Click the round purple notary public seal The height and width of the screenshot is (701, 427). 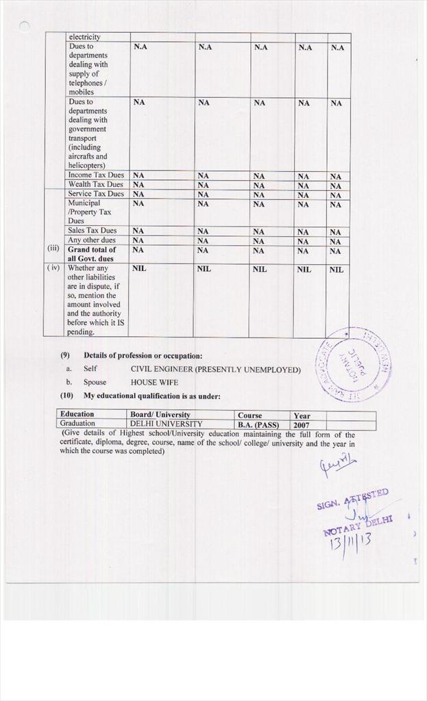coord(352,364)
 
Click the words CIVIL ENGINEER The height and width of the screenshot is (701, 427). coord(162,370)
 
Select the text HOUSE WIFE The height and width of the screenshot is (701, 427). coord(154,382)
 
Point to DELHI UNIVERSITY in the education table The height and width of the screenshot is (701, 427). coord(167,424)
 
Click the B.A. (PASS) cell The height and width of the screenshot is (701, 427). coord(258,424)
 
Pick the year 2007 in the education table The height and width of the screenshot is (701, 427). coord(302,424)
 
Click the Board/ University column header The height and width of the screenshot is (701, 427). coord(160,415)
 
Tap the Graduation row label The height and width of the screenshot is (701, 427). coord(77,424)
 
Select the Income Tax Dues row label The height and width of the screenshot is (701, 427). coord(96,175)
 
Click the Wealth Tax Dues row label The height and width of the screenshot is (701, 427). coord(95,185)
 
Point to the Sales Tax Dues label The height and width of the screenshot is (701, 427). coord(92,231)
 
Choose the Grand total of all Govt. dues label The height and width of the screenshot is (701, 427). coord(92,254)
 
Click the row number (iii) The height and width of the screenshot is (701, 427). coord(53,250)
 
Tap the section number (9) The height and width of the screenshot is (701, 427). coord(66,355)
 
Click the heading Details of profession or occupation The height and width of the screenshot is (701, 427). coord(143,355)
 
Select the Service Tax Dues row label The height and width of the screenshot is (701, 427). coord(96,194)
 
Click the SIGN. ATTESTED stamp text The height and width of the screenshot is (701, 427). coord(352,499)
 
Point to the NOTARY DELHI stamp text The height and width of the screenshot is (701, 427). coord(357,525)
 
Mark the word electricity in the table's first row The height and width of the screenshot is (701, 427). coord(84,37)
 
